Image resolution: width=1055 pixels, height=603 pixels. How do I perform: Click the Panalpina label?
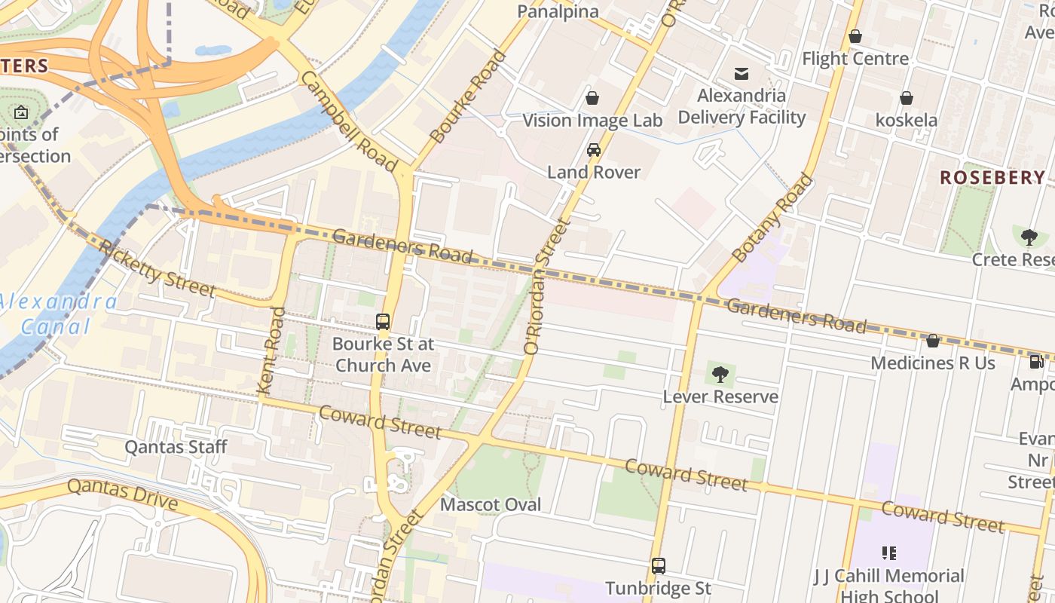(558, 11)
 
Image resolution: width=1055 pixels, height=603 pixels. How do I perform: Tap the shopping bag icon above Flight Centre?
(855, 36)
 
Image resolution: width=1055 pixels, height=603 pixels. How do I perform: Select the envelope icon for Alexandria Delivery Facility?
(742, 73)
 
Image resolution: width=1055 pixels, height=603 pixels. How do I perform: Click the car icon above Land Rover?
(594, 149)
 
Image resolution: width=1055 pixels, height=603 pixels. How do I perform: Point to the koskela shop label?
(907, 120)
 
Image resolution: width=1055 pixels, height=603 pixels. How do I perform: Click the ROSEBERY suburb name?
(992, 178)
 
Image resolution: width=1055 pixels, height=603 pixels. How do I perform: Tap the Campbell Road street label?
(348, 121)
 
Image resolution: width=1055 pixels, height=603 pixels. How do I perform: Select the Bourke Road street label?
(468, 96)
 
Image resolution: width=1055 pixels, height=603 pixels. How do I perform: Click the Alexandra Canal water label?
(57, 314)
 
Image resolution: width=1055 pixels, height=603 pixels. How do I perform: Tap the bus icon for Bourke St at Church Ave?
(383, 322)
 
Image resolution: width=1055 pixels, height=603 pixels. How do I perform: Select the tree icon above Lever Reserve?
(720, 373)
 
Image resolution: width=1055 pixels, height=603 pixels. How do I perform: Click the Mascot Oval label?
(491, 504)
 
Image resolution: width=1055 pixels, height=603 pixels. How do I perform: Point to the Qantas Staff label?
(176, 447)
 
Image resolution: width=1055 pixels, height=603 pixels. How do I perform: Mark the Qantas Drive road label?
(122, 494)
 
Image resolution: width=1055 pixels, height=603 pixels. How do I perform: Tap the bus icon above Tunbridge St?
(658, 565)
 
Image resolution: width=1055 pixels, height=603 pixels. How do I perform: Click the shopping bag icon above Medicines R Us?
(932, 341)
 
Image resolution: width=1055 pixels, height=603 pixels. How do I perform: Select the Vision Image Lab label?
(592, 121)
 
